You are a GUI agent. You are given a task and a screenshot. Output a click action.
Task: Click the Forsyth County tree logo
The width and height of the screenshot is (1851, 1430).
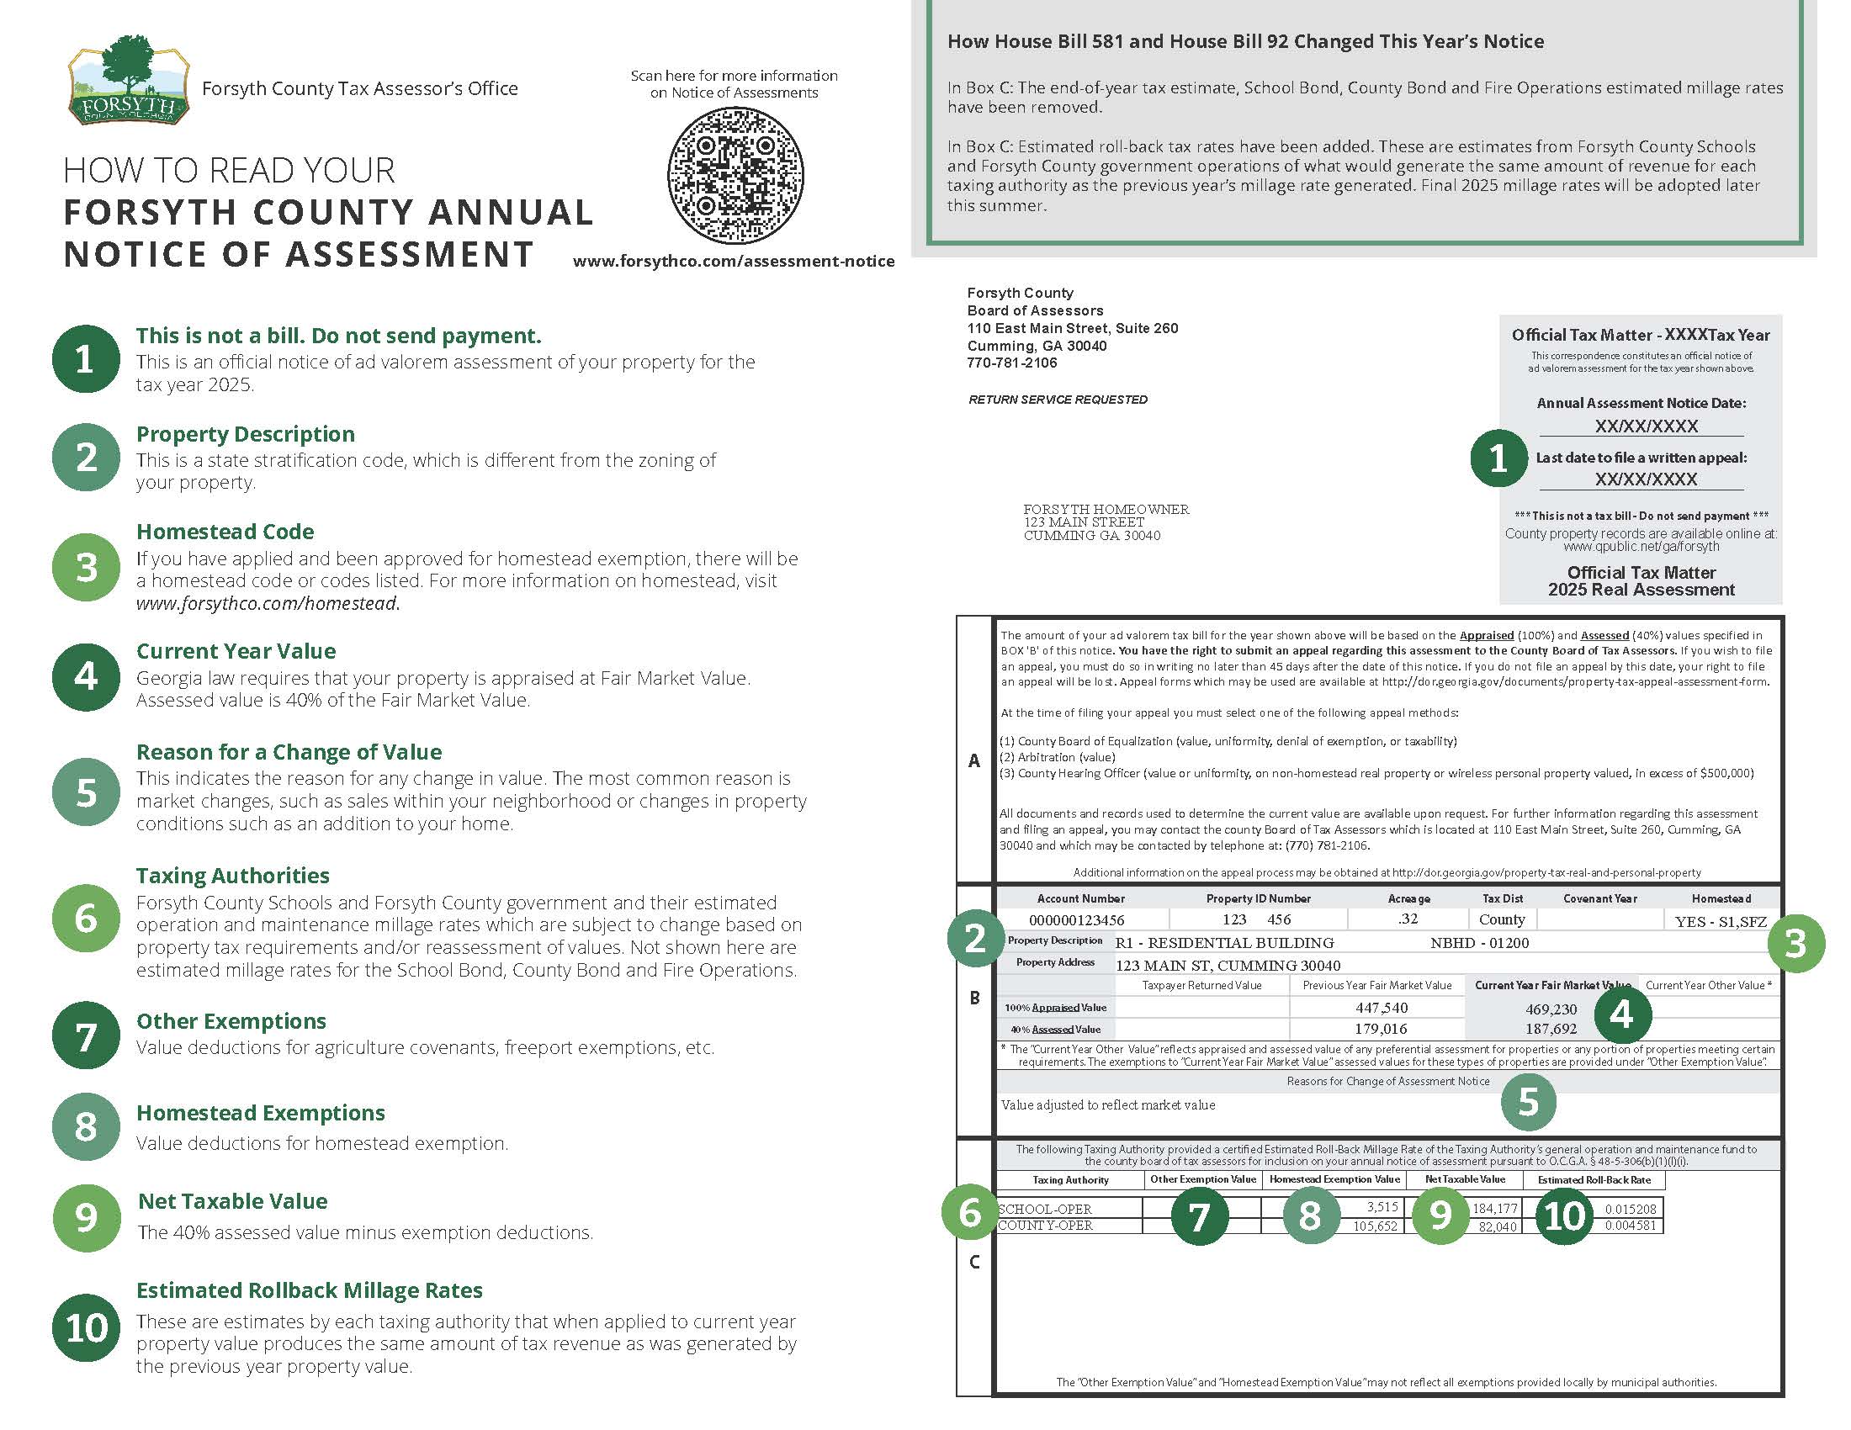(128, 81)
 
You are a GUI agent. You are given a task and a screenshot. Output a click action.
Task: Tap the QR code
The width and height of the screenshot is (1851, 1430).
(735, 174)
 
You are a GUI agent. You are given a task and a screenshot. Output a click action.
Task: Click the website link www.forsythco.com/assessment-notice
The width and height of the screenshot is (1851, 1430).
(733, 262)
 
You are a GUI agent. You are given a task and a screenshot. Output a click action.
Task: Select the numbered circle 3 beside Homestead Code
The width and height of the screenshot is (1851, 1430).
(87, 567)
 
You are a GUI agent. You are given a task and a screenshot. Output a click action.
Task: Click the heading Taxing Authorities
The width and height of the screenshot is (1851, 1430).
(232, 875)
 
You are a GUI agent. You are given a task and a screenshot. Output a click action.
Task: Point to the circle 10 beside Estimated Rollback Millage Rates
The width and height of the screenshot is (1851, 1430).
(87, 1327)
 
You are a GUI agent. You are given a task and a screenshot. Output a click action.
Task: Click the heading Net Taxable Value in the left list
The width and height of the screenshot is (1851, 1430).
(232, 1201)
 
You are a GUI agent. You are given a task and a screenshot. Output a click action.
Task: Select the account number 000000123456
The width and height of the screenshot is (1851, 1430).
(1076, 920)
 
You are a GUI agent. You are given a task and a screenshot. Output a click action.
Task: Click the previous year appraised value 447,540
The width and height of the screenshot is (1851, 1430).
(1381, 1007)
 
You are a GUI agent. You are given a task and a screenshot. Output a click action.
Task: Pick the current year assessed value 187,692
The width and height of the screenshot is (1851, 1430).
(1550, 1029)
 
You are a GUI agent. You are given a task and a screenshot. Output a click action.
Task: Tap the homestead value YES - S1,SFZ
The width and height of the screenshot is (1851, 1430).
(1721, 922)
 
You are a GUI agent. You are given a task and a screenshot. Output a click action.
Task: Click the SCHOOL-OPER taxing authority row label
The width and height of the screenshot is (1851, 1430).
(1045, 1209)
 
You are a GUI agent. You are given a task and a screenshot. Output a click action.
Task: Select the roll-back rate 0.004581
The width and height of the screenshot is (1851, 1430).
(1630, 1226)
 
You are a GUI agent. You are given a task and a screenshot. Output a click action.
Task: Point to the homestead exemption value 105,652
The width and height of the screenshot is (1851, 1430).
(1375, 1226)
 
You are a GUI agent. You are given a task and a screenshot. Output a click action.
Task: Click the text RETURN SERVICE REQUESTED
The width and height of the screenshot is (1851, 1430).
(1058, 400)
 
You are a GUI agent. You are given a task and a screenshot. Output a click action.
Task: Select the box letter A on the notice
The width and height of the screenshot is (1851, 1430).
(974, 760)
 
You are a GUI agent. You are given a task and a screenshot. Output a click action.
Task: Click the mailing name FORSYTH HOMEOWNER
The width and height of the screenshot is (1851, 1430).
(1106, 509)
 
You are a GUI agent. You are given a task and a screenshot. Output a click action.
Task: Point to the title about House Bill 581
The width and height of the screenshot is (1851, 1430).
(1245, 41)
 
